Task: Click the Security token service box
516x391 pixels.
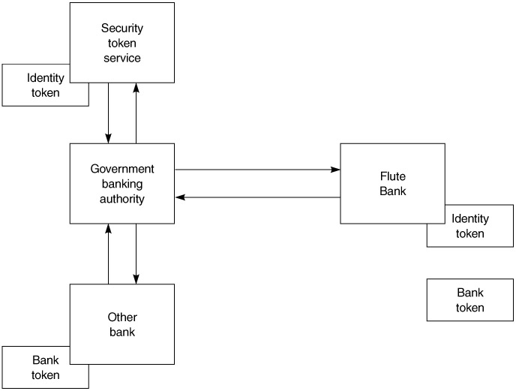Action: (x=122, y=42)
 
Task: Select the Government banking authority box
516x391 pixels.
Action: (x=122, y=184)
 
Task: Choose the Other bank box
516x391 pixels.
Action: (x=122, y=324)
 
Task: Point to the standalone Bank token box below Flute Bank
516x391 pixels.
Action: (x=470, y=300)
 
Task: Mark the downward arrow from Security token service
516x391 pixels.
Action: (x=109, y=113)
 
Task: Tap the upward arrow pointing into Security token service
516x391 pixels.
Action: (x=136, y=113)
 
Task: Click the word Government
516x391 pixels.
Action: (x=122, y=169)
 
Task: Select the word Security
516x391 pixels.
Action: (x=122, y=29)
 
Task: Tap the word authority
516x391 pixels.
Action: (x=122, y=199)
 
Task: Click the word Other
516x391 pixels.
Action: (x=122, y=317)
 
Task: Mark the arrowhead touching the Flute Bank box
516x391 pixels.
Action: (x=335, y=170)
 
